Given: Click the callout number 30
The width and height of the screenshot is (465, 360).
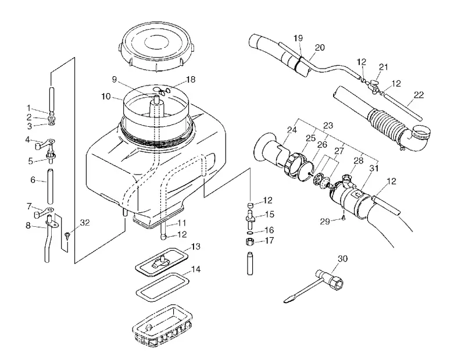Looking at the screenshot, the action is click(x=342, y=259).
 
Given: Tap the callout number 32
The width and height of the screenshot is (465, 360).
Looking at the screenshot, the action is click(x=85, y=223).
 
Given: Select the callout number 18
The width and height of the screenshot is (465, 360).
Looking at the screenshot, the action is click(x=191, y=80).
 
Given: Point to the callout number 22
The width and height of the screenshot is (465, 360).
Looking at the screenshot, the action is click(x=419, y=95).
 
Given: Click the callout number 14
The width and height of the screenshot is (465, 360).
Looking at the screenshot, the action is click(x=196, y=269).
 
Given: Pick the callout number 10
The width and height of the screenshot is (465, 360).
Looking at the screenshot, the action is click(x=106, y=97).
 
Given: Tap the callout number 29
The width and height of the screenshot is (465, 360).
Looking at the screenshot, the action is click(x=325, y=222).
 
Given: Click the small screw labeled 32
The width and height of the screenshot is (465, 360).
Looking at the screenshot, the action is click(x=67, y=235).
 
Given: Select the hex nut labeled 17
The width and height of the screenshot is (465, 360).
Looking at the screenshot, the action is click(x=250, y=241).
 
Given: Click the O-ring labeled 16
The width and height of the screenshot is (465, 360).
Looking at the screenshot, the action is click(x=250, y=231).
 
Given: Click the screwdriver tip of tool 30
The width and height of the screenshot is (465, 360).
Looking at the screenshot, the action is click(x=287, y=301).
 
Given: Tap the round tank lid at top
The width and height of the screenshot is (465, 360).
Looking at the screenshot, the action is click(x=157, y=48).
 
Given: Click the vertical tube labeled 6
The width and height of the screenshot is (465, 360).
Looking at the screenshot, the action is click(x=51, y=186).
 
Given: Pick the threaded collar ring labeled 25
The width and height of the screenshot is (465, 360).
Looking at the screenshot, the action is click(x=292, y=165).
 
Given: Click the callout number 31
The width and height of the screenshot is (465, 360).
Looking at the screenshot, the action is click(x=374, y=169).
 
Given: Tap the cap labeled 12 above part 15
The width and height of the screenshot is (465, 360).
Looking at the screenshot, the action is click(x=251, y=205).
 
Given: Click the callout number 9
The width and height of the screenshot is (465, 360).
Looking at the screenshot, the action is click(x=115, y=79).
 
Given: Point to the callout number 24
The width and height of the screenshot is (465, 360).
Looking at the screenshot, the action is click(x=292, y=130).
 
